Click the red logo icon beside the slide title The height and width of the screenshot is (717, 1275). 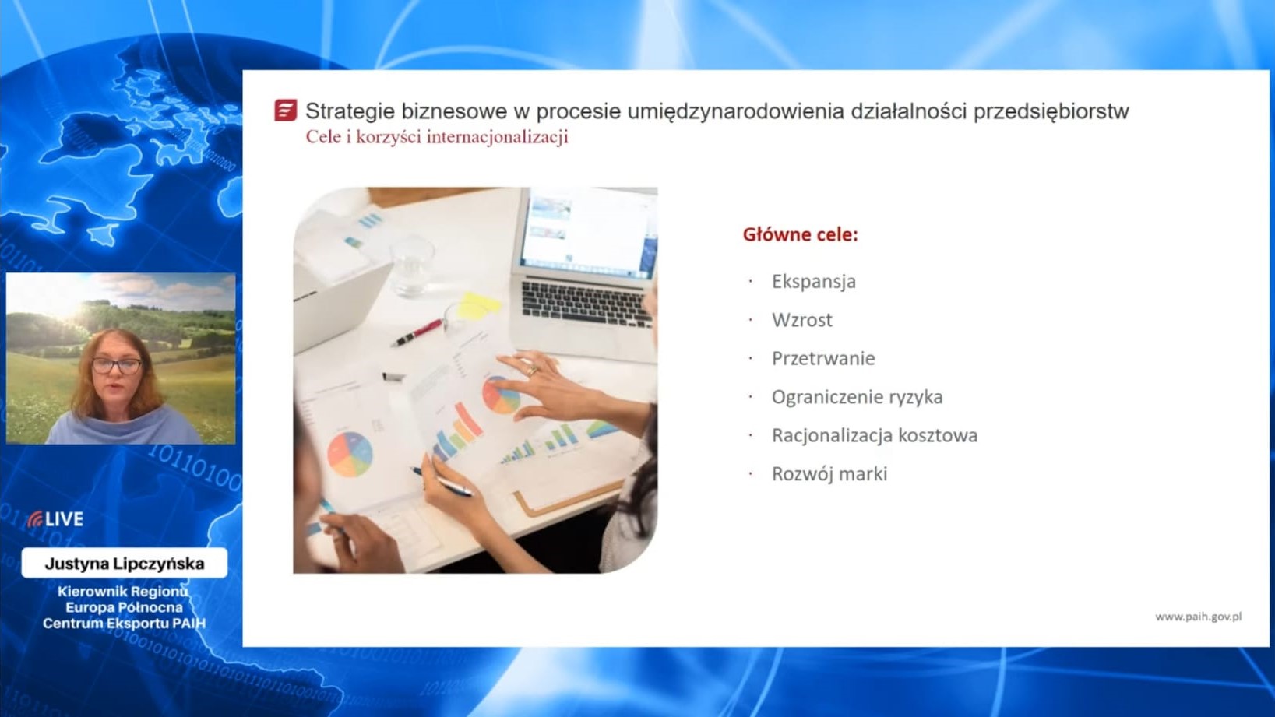[285, 111]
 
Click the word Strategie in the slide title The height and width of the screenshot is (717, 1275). [350, 111]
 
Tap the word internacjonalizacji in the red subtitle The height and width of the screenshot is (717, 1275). [497, 137]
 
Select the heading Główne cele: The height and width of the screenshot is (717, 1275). [801, 234]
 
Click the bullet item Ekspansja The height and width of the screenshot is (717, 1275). [813, 282]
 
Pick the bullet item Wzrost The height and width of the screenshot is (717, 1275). [802, 320]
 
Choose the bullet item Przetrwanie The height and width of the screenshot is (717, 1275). [823, 358]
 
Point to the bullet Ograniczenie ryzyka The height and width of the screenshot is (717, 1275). [858, 397]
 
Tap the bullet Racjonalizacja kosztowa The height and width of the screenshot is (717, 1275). [875, 435]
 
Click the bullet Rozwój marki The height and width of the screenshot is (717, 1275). [829, 474]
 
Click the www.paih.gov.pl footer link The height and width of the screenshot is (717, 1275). [1198, 617]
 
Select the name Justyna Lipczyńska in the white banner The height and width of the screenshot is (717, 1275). [124, 564]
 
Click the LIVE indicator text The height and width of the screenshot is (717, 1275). [65, 519]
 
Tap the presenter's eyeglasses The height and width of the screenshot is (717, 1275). [116, 366]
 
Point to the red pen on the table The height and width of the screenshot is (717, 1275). [417, 333]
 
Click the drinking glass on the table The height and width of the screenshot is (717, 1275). [412, 267]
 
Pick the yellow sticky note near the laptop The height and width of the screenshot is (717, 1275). [480, 306]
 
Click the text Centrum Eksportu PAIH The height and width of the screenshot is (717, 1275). [124, 623]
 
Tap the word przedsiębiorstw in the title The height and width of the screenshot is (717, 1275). [1051, 111]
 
